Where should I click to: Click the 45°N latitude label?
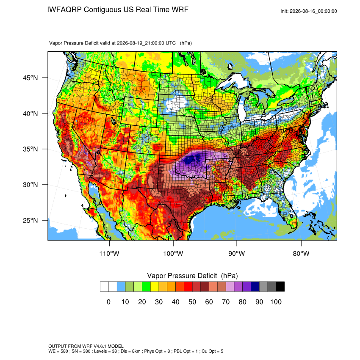coord(30,78)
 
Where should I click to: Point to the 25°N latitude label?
coord(30,220)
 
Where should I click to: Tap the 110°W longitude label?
coord(109,253)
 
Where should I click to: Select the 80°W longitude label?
coord(301,253)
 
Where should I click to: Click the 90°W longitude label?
coord(237,253)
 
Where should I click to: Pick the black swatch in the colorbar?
coord(280,287)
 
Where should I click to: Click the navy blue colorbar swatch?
coord(255,287)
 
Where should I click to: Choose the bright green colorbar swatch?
coord(146,287)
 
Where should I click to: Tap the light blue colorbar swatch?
coord(121,287)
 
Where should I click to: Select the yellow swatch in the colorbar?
coord(155,287)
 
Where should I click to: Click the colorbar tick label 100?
coord(276,302)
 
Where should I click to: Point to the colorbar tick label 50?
coord(192,302)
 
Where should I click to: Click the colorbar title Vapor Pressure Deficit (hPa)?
coord(192,276)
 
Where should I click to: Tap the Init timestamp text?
coord(309,11)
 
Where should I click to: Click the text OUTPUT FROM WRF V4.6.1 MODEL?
coord(86,346)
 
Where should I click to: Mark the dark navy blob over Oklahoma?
coord(191,159)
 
